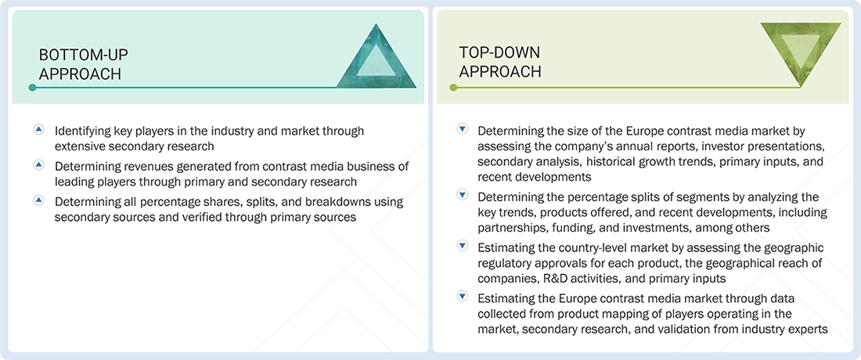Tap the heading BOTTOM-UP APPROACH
pyautogui.click(x=83, y=64)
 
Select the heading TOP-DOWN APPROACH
pyautogui.click(x=500, y=62)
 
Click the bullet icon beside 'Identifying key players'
pyautogui.click(x=38, y=130)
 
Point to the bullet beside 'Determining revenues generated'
pyautogui.click(x=38, y=165)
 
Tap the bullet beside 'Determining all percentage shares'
pyautogui.click(x=38, y=201)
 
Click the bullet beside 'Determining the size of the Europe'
pyautogui.click(x=462, y=129)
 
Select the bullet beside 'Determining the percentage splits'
pyautogui.click(x=462, y=196)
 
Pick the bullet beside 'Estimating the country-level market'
pyautogui.click(x=462, y=247)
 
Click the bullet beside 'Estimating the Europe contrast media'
pyautogui.click(x=462, y=297)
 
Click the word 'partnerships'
pyautogui.click(x=512, y=228)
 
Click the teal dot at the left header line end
pyautogui.click(x=32, y=88)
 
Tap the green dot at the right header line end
pyautogui.click(x=453, y=88)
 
